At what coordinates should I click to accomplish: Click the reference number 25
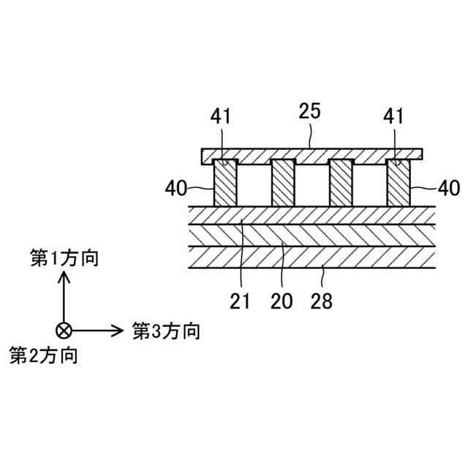(310, 112)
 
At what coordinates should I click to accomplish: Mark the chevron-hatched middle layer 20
(312, 235)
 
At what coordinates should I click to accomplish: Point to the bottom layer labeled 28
(312, 258)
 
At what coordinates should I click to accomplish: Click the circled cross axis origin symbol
(64, 330)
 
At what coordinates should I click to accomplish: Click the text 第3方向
(166, 331)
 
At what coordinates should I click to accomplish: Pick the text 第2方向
(44, 356)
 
